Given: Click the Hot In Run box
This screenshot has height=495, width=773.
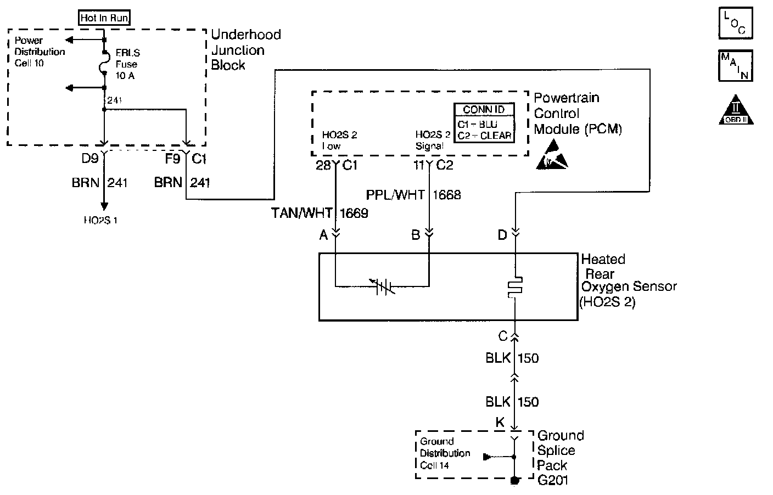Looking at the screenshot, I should click(x=104, y=18).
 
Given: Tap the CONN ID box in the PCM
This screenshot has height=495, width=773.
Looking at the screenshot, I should click(x=484, y=123).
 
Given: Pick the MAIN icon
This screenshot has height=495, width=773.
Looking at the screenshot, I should click(x=735, y=66).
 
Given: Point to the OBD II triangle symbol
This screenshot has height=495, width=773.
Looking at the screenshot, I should click(x=735, y=110).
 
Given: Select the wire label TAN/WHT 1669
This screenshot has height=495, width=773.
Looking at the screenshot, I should click(x=320, y=213).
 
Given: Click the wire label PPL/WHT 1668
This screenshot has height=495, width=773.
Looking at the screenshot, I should click(x=413, y=195).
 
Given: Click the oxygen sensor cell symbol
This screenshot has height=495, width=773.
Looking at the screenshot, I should click(x=383, y=286).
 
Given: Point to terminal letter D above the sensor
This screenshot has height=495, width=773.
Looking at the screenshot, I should click(x=502, y=235).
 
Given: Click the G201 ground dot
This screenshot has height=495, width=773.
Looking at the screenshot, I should click(x=515, y=481).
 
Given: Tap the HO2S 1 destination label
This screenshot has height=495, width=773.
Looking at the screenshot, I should click(x=101, y=221).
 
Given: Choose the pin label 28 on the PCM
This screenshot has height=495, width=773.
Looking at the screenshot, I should click(x=322, y=165).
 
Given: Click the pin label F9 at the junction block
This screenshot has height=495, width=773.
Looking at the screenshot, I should click(x=172, y=160).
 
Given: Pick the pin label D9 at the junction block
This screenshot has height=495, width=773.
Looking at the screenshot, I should click(x=89, y=160).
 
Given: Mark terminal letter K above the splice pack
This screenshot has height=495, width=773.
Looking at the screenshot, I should click(x=500, y=423).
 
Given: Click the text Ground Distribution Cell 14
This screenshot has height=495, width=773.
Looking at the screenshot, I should click(x=445, y=453).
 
